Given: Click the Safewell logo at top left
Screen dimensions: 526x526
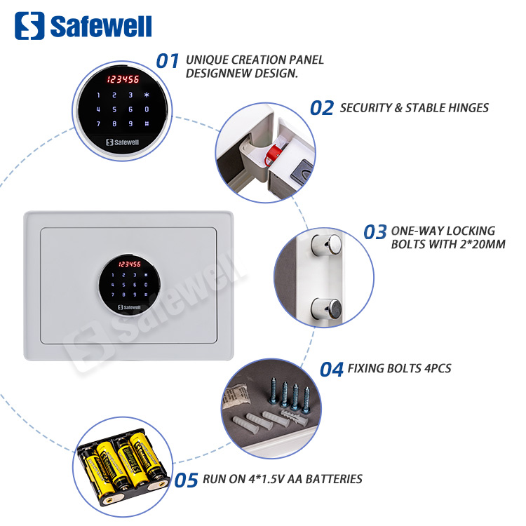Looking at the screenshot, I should [83, 27].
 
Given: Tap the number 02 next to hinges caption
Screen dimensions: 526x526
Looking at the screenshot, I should [322, 108].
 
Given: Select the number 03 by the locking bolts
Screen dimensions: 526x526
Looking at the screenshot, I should [375, 233].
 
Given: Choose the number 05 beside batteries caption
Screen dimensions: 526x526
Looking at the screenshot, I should [187, 480].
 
